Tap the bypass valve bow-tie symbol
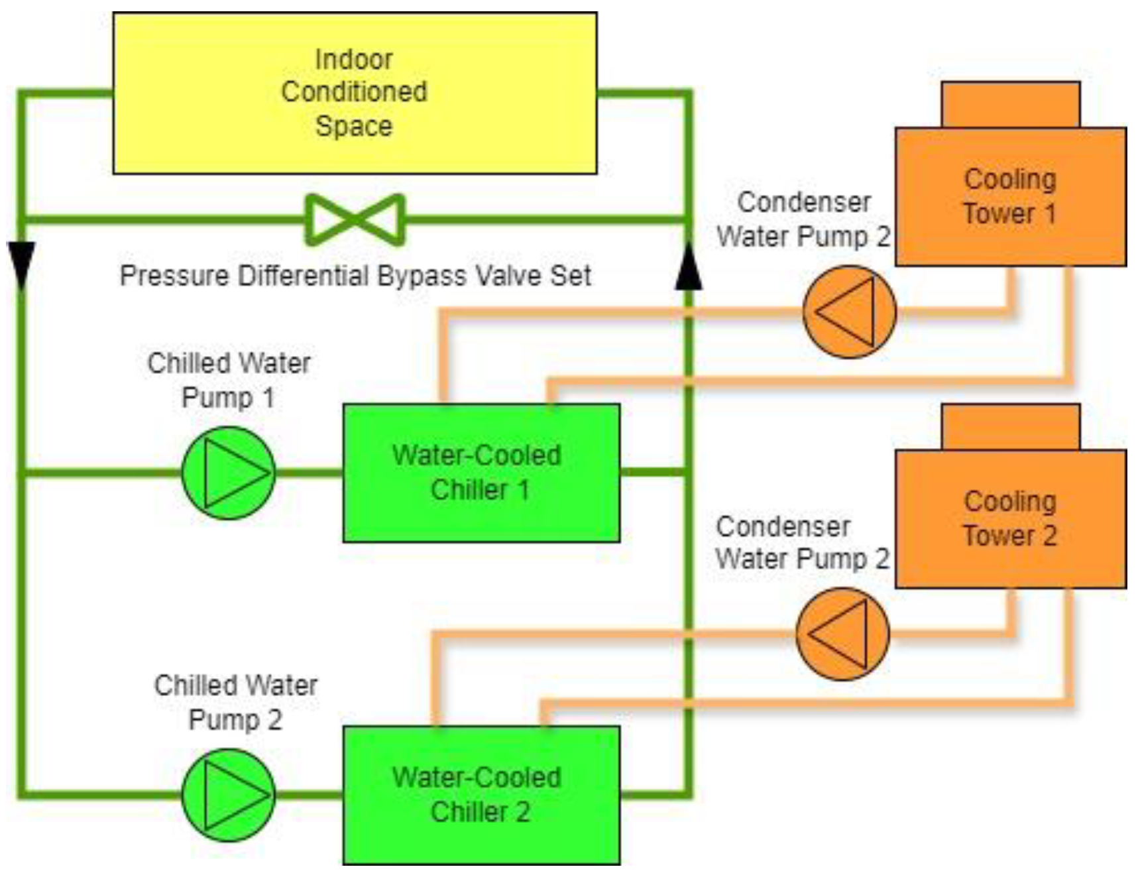pyautogui.click(x=355, y=219)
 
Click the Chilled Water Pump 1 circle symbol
pyautogui.click(x=229, y=473)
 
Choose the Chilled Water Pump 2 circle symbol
pyautogui.click(x=229, y=795)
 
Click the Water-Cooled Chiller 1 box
pyautogui.click(x=481, y=473)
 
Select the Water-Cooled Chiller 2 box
pyautogui.click(x=481, y=795)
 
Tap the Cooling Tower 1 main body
pyautogui.click(x=1010, y=197)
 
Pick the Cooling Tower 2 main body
pyautogui.click(x=1010, y=519)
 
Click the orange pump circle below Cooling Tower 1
pyautogui.click(x=849, y=312)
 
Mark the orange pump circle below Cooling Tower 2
pyautogui.click(x=842, y=634)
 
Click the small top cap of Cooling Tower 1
pyautogui.click(x=1010, y=105)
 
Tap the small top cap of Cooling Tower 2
pyautogui.click(x=1010, y=427)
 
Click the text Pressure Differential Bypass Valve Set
pyautogui.click(x=355, y=276)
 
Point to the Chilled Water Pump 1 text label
pyautogui.click(x=229, y=381)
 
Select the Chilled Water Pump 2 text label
pyautogui.click(x=235, y=703)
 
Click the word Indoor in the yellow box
pyautogui.click(x=353, y=60)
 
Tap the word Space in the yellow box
pyautogui.click(x=353, y=126)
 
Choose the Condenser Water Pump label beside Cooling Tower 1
pyautogui.click(x=803, y=219)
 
